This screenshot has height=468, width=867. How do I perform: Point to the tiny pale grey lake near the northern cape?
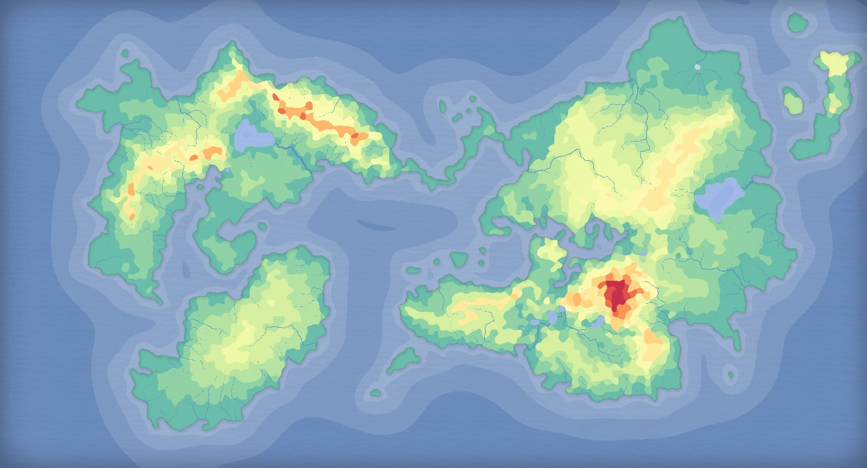tap(697, 67)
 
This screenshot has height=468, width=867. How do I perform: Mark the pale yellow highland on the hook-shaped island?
tap(835, 63)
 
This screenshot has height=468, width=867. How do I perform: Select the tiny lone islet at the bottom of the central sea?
tap(375, 393)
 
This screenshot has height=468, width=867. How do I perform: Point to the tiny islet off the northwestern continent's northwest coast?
tap(125, 53)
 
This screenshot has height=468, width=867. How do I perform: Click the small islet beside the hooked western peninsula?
tap(262, 227)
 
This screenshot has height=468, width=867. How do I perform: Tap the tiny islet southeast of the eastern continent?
tap(730, 375)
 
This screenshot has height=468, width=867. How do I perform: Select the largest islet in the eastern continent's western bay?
tap(458, 260)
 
